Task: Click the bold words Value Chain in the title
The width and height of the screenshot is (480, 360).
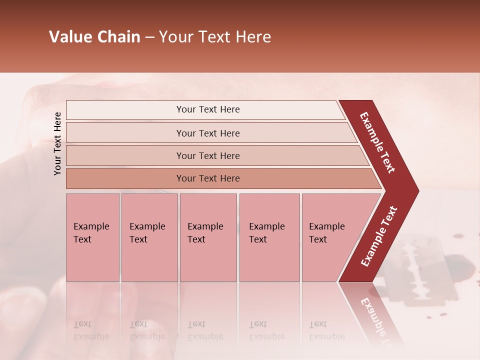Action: [x=94, y=37]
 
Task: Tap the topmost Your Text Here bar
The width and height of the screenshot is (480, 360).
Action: [x=208, y=109]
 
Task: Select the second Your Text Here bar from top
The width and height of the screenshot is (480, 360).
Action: [x=208, y=133]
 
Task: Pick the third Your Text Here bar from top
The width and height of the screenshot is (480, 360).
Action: [x=208, y=155]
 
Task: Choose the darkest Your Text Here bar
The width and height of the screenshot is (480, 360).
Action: [x=208, y=178]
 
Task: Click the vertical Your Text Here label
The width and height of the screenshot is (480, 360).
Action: [x=57, y=143]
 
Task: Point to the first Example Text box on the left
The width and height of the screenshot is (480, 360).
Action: [x=92, y=237]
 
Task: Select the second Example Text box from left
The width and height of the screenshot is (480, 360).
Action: [x=149, y=237]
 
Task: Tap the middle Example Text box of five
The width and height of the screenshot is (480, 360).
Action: [x=208, y=237]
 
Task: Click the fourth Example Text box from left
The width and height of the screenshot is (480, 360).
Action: [x=269, y=237]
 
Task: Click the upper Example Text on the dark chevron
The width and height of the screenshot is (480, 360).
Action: [x=377, y=142]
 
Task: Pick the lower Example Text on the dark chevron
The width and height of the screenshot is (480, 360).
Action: [x=379, y=236]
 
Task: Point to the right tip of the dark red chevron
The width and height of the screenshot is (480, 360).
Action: [x=418, y=191]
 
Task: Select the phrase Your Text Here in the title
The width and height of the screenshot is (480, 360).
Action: [x=215, y=37]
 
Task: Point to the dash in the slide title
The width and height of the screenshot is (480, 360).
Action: [x=149, y=37]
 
